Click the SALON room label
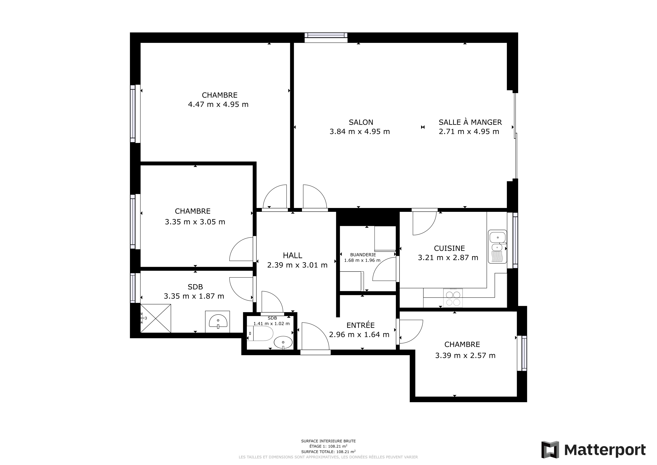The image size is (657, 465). (361, 122)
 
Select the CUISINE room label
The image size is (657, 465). (449, 248)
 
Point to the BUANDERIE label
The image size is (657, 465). (363, 255)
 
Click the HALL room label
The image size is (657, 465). (292, 255)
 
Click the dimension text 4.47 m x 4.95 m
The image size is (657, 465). (218, 104)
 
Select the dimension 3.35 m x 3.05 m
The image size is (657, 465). (195, 222)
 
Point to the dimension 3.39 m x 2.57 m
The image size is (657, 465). (465, 355)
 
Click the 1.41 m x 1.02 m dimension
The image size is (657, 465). (271, 324)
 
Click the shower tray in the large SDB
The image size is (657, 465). (155, 318)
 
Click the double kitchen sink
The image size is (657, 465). (497, 247)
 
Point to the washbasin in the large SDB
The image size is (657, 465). (218, 321)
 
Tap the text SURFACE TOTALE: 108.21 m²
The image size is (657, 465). (328, 452)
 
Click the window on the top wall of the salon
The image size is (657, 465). (326, 37)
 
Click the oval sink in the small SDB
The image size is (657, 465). (283, 342)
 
